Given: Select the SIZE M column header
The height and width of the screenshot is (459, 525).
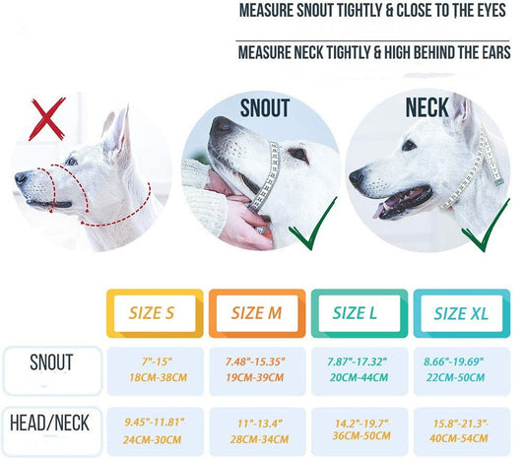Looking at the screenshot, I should coord(256,314).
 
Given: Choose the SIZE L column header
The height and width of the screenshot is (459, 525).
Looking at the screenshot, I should coord(359,314).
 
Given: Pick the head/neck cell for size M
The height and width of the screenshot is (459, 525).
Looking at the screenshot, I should coord(256,431).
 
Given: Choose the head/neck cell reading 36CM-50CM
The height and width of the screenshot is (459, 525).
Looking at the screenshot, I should coord(359,431).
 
